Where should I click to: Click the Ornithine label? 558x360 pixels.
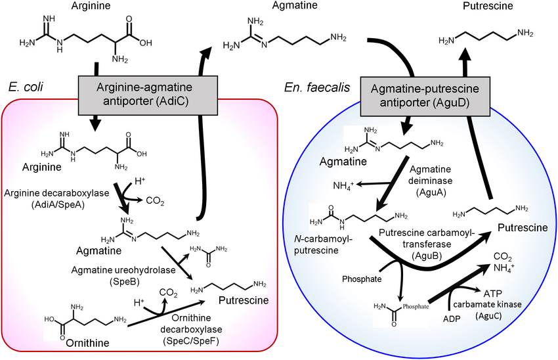88,342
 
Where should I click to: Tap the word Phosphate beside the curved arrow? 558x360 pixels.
362,277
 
